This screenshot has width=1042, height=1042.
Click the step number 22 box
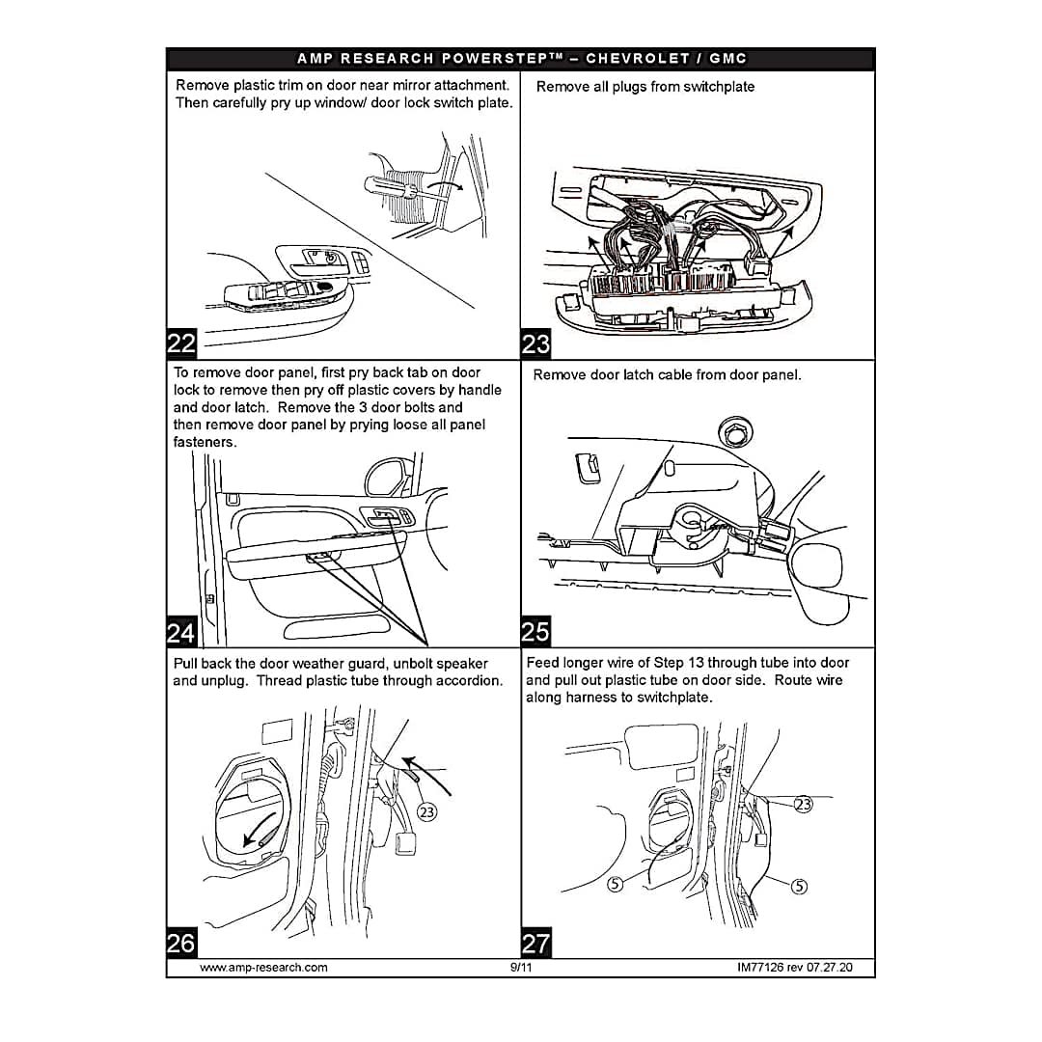point(182,343)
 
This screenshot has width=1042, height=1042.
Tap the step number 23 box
point(536,343)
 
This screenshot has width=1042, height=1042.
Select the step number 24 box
point(182,632)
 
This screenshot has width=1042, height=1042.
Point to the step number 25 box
point(536,631)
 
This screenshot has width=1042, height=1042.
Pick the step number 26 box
point(182,943)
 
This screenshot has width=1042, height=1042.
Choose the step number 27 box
point(536,943)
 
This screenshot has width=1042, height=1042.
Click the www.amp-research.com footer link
point(263,968)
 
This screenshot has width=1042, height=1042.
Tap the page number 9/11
point(521,968)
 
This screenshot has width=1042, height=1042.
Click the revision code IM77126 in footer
point(759,968)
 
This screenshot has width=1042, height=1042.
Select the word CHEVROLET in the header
point(638,59)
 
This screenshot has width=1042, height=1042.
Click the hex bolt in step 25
point(734,432)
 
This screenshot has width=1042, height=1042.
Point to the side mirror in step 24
point(388,476)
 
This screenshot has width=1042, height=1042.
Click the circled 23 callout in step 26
point(426,812)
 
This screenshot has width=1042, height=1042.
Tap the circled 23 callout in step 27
point(804,805)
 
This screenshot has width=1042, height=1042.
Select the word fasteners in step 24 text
point(203,443)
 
